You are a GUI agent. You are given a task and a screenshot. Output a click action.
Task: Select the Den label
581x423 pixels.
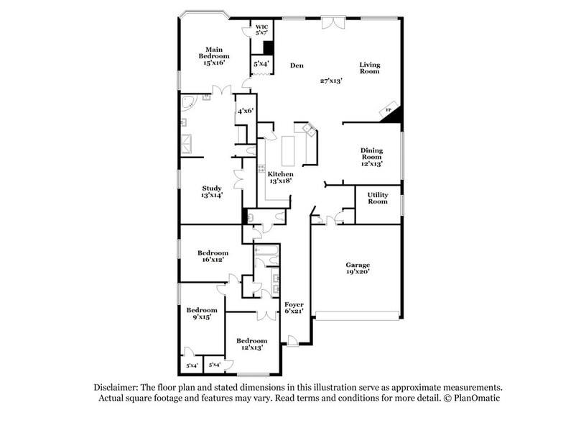tap(297, 66)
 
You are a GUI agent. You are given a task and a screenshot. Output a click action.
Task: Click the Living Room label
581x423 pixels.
tap(369, 68)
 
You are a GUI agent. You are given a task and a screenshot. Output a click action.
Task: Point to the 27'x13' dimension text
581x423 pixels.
tap(331, 81)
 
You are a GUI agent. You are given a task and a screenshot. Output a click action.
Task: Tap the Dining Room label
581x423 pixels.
tap(371, 157)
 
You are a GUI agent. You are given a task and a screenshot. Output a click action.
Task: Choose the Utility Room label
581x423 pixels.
tap(378, 198)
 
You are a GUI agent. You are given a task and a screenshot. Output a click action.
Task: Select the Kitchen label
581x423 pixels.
tap(280, 178)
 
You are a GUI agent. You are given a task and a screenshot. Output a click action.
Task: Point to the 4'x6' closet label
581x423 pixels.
tap(244, 111)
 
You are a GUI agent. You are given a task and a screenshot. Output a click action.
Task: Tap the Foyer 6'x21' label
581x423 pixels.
tap(294, 309)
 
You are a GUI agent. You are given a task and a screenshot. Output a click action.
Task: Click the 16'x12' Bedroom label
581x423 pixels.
tap(213, 256)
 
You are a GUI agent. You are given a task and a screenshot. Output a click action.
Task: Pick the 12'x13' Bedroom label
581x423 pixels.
tap(251, 344)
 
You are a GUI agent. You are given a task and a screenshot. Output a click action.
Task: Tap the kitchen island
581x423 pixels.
tap(291, 150)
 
